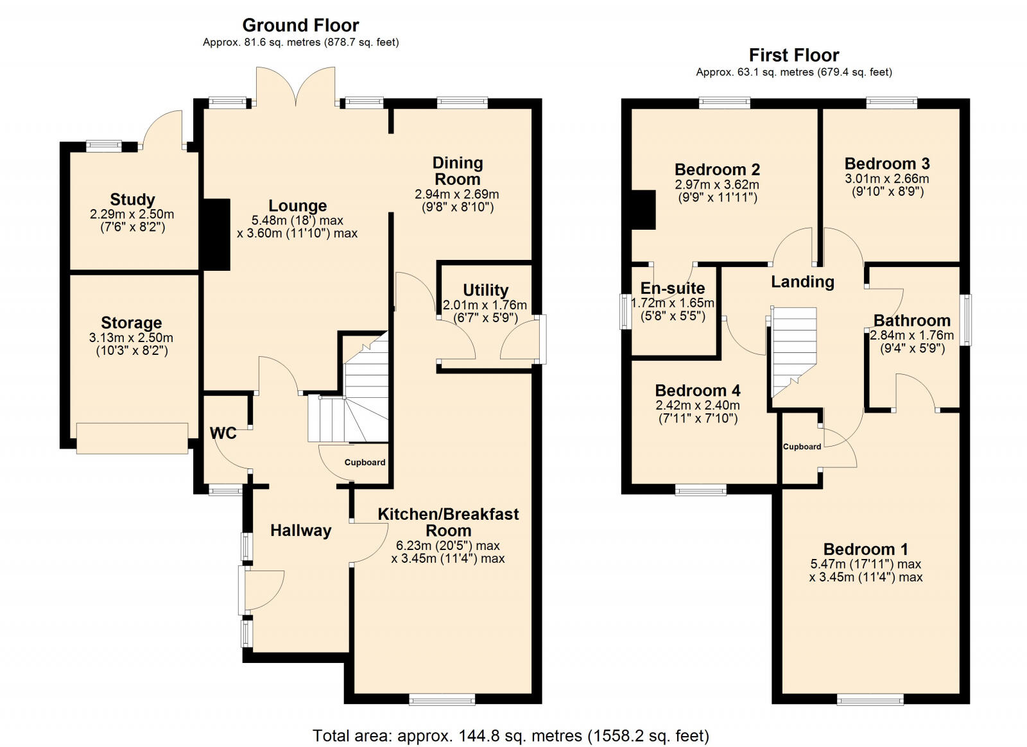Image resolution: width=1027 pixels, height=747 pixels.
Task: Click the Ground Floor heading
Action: click(x=300, y=26)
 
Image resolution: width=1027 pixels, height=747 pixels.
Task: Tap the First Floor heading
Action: click(x=794, y=55)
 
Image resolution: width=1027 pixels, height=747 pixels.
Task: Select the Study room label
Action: click(x=132, y=200)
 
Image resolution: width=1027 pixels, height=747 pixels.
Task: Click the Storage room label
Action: click(x=132, y=323)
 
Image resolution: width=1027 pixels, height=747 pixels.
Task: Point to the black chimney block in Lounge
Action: click(x=216, y=234)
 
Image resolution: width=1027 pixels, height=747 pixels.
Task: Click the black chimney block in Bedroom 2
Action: click(x=643, y=210)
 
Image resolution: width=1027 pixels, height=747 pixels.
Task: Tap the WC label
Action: click(x=223, y=433)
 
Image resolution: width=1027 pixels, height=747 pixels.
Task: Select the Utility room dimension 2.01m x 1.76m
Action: click(x=485, y=305)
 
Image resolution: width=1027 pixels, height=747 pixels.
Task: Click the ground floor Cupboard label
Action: click(x=365, y=462)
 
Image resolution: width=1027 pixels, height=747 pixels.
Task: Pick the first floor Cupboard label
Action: click(x=802, y=447)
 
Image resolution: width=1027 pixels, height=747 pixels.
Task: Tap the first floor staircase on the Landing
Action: click(x=793, y=350)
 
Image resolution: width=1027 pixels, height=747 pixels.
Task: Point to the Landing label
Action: click(x=802, y=282)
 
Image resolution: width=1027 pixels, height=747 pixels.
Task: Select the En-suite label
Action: click(x=673, y=288)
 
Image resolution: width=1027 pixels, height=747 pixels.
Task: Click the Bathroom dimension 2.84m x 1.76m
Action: click(x=911, y=336)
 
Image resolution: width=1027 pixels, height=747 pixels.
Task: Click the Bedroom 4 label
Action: click(x=698, y=391)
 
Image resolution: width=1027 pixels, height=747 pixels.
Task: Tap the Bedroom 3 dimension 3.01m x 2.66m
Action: click(x=887, y=179)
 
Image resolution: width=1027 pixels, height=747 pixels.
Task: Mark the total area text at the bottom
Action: click(x=511, y=735)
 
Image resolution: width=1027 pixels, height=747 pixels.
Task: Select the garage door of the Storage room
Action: click(x=132, y=438)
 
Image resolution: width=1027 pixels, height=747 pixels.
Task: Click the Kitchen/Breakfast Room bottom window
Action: click(x=442, y=699)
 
